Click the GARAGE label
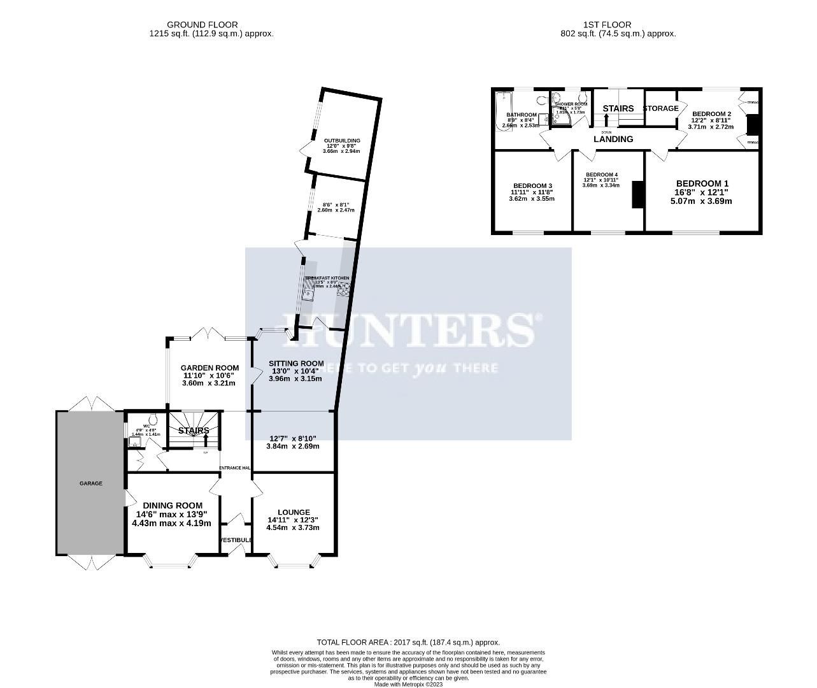click(90, 483)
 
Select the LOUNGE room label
click(294, 512)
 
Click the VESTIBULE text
click(236, 540)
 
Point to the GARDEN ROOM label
click(210, 368)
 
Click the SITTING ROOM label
click(291, 364)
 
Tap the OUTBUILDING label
click(342, 140)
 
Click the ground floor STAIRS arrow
click(205, 440)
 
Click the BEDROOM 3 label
click(532, 185)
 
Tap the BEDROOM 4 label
click(602, 175)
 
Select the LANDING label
click(613, 139)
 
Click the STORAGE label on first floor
click(660, 108)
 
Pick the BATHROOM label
click(522, 115)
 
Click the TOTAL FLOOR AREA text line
click(408, 643)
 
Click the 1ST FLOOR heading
click(607, 25)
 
